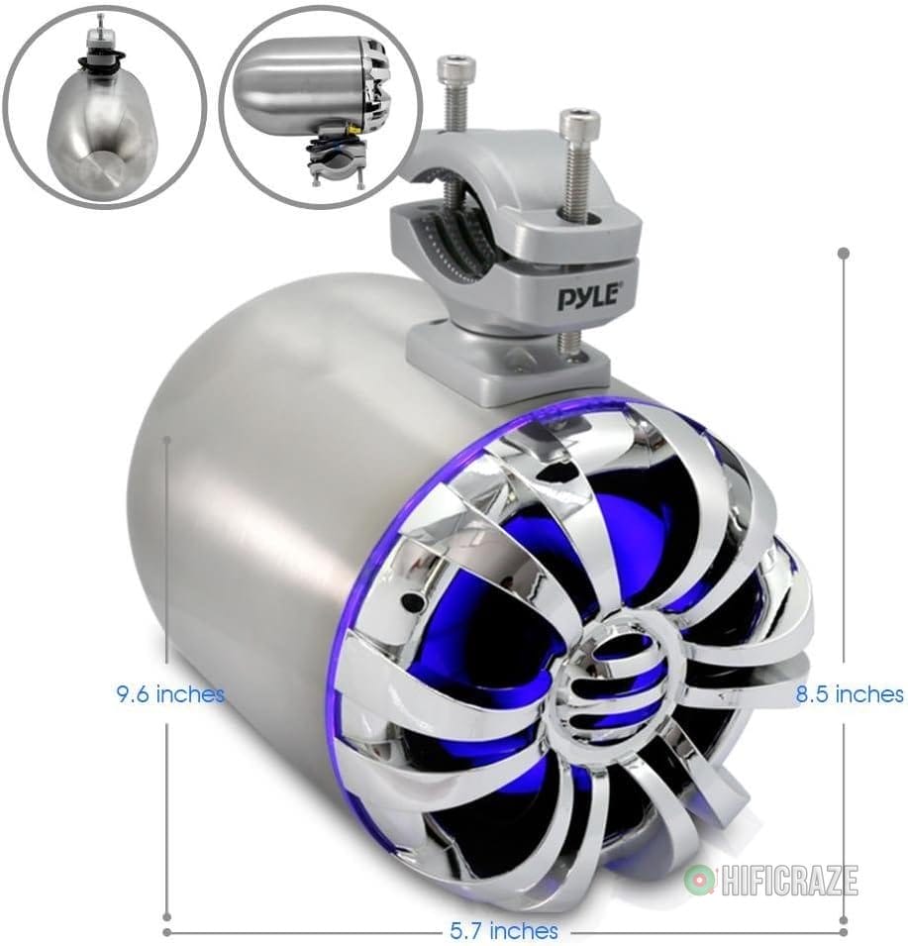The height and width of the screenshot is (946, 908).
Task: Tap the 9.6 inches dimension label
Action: [169, 694]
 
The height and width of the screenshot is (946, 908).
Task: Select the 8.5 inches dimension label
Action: [850, 694]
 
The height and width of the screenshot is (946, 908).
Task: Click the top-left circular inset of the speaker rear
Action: [104, 105]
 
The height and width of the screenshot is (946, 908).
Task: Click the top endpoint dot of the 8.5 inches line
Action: [844, 253]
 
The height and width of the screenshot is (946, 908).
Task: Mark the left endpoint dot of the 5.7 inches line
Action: [166, 931]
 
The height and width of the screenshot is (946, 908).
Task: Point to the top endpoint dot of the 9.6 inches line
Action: [169, 437]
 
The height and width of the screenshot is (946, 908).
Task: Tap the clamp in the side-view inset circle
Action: [337, 158]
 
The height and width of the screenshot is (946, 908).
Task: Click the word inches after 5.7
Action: [525, 931]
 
